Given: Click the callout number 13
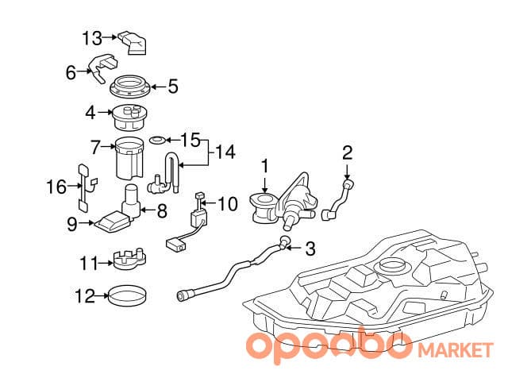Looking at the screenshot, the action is (92, 38).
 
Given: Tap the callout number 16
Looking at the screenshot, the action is (56, 187).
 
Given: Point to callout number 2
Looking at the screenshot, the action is (347, 152).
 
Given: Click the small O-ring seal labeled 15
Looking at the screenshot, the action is (157, 141).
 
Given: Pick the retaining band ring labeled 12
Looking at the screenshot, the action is (127, 295).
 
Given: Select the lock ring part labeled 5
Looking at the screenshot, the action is (130, 87).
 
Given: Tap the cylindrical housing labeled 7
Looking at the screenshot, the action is (129, 158).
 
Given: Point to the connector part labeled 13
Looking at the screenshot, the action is (133, 42).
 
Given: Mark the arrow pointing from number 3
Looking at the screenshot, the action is (294, 249).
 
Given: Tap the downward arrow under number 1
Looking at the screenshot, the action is (265, 185).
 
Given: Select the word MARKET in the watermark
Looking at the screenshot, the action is (456, 351).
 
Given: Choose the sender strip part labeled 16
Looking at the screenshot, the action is (87, 188).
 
